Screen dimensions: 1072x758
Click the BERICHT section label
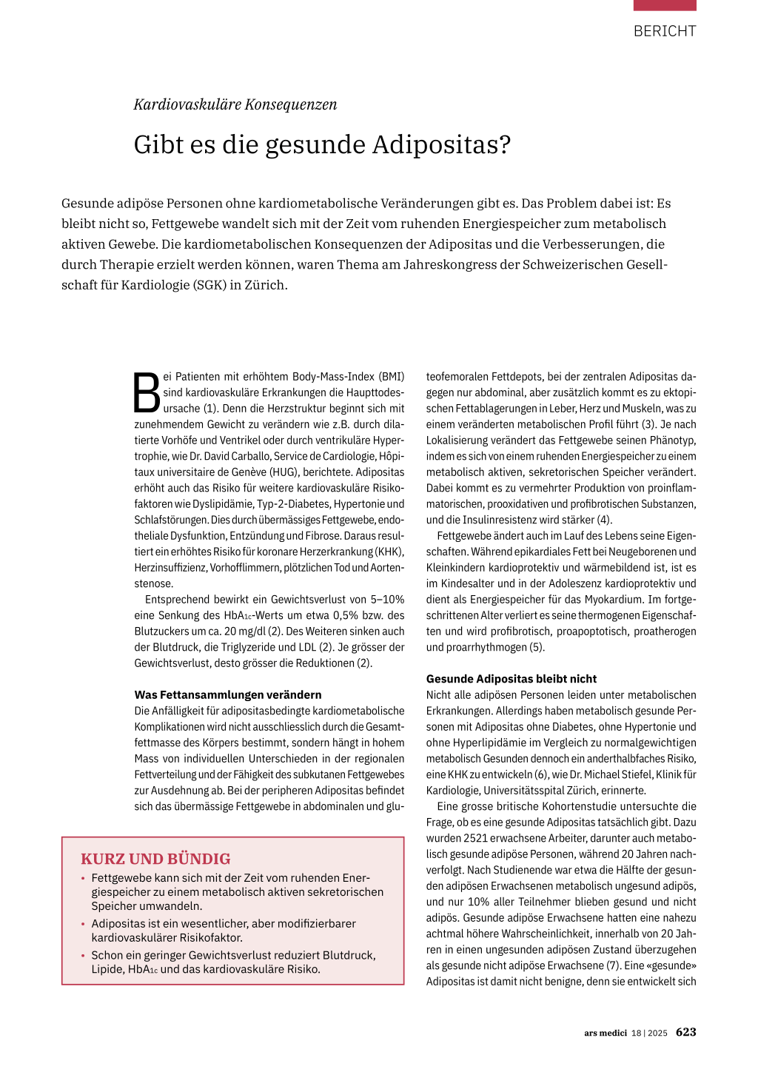click(x=664, y=31)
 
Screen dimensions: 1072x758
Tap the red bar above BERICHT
click(x=664, y=5)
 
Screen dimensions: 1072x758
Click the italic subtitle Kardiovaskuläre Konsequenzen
click(x=235, y=104)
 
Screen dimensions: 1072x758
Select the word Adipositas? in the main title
click(x=441, y=144)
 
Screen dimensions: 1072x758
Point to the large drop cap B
click(x=147, y=393)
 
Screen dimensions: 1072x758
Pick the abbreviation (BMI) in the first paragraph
click(x=392, y=377)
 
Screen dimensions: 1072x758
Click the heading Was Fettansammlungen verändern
click(x=228, y=694)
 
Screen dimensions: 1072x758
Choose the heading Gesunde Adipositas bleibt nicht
click(x=512, y=679)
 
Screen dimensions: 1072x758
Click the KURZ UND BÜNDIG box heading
click(x=155, y=859)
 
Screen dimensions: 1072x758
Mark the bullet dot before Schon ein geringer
click(x=83, y=956)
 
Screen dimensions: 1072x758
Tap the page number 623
click(x=685, y=1032)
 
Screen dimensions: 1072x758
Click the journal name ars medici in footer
click(x=605, y=1033)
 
